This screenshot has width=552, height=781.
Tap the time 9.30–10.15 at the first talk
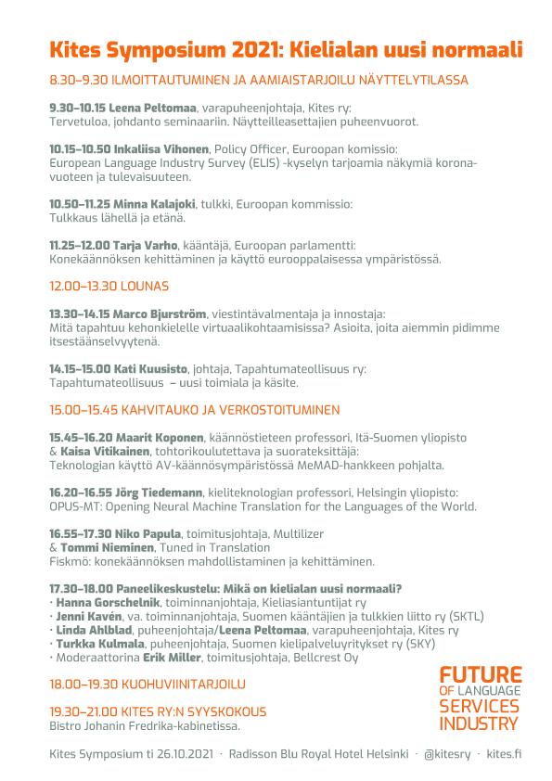77,109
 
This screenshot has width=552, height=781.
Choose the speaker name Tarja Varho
148,244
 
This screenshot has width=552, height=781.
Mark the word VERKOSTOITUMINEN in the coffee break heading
274,409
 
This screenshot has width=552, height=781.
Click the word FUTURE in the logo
481,674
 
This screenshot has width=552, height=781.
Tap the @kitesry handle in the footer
444,753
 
